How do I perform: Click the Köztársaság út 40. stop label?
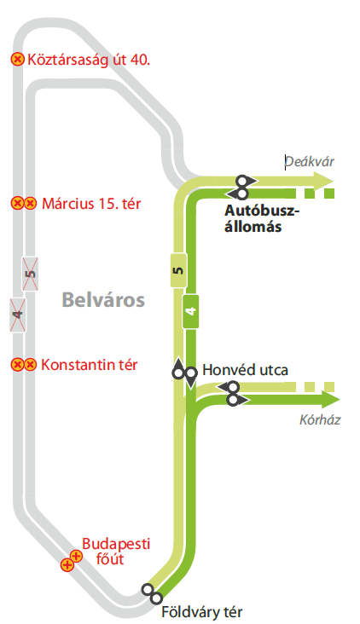[89, 60]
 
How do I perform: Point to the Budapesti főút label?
[103, 552]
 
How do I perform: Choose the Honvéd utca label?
[246, 370]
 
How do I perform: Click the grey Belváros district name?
[103, 300]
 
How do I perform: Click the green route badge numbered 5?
[177, 270]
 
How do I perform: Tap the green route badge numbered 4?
[191, 311]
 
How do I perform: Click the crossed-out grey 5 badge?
[31, 273]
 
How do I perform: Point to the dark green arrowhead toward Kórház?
[328, 400]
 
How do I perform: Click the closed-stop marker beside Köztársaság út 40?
[17, 60]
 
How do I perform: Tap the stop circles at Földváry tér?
[151, 592]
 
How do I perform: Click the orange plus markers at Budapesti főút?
[71, 560]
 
